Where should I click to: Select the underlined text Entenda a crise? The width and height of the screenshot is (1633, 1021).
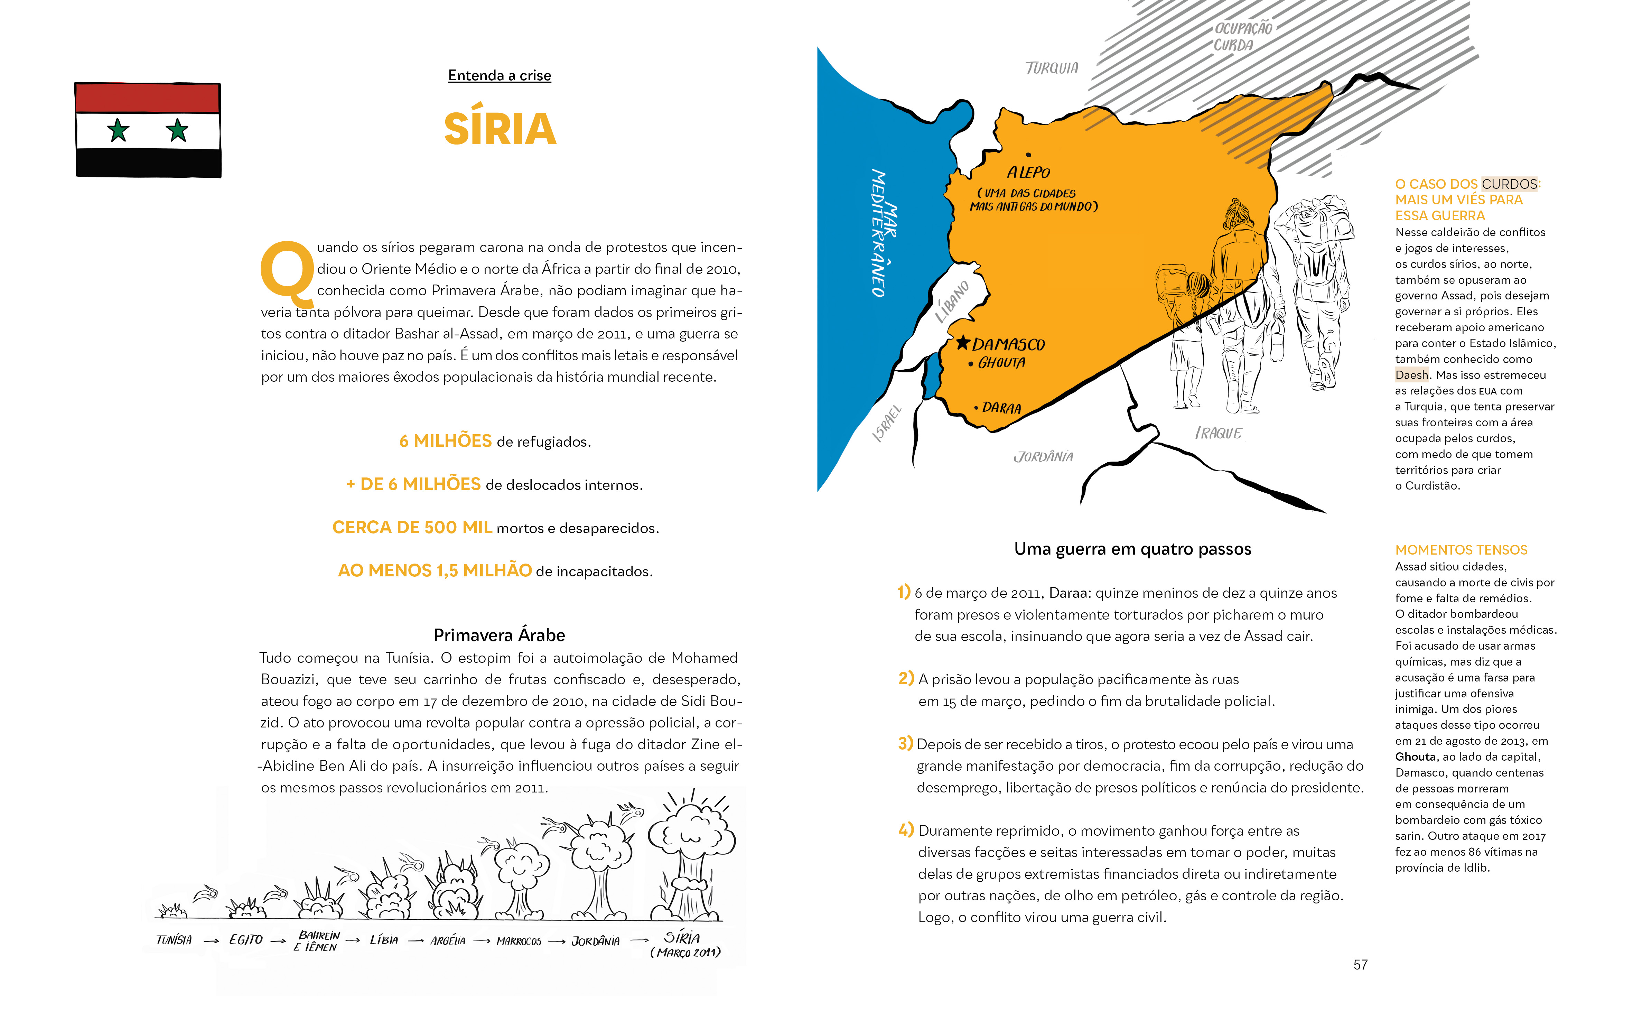pos(500,76)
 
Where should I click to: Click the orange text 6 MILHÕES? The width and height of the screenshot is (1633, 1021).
pos(446,441)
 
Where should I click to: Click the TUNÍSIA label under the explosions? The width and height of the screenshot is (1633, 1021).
pos(174,940)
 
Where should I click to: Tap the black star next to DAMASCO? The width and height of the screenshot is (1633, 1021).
pos(963,343)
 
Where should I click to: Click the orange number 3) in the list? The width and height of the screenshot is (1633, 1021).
pos(905,743)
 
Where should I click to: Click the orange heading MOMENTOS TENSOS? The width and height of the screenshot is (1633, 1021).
pos(1461,550)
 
